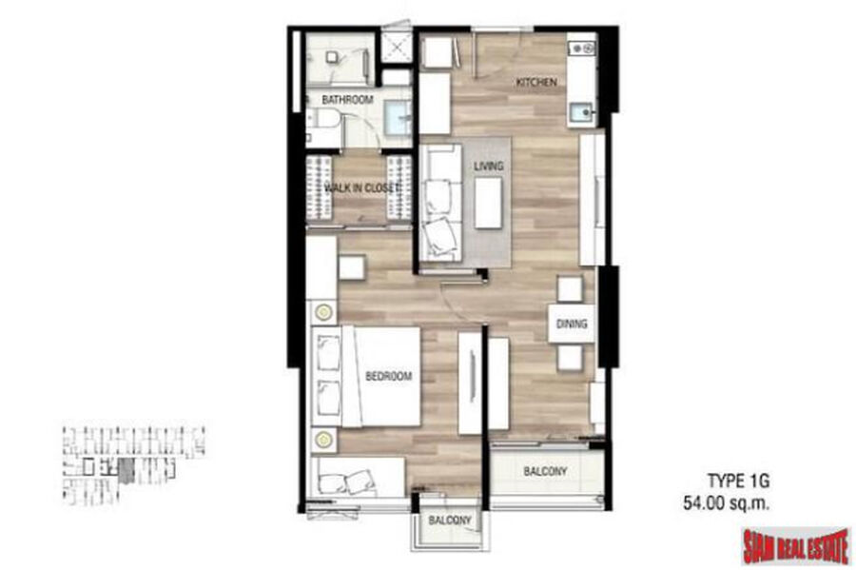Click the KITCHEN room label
[x=536, y=83]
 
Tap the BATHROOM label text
[x=347, y=100]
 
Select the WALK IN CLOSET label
[x=360, y=188]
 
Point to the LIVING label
[x=489, y=166]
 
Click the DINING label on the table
[x=572, y=324]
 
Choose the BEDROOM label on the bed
[x=389, y=376]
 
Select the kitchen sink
[x=582, y=113]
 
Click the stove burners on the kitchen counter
[x=582, y=49]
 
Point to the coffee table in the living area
[x=488, y=203]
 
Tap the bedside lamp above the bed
[x=323, y=312]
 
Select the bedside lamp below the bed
[x=323, y=440]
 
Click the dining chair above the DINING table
[x=571, y=289]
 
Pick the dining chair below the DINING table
[x=570, y=358]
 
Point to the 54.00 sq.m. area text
[x=726, y=502]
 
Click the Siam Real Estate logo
[x=796, y=546]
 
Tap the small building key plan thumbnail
[x=134, y=464]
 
